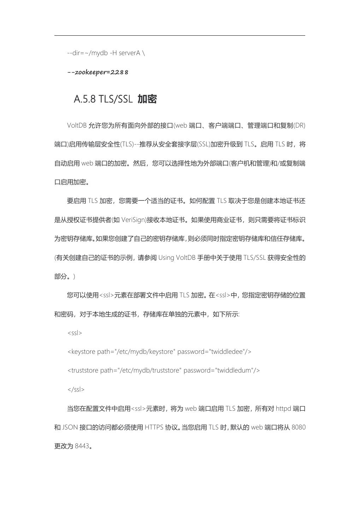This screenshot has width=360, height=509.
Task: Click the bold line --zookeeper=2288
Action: (x=98, y=72)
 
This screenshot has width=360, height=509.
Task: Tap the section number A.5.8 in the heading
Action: (x=85, y=99)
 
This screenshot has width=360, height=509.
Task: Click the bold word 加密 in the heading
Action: (x=147, y=99)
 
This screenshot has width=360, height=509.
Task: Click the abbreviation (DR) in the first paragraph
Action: (x=299, y=125)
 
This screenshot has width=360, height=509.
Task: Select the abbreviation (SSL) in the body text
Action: (x=203, y=144)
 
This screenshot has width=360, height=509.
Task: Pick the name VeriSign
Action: (x=134, y=220)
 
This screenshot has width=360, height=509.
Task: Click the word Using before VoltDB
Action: (x=166, y=257)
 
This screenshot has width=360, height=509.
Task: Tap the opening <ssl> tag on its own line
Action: (x=75, y=333)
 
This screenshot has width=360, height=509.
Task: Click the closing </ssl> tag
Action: (x=76, y=389)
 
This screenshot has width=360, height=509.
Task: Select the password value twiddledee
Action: (x=227, y=351)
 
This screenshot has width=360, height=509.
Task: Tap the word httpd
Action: (x=283, y=408)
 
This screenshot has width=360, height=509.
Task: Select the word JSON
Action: (x=70, y=427)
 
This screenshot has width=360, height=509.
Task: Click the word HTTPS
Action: (x=154, y=427)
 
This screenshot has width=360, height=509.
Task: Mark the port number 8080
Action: (x=299, y=427)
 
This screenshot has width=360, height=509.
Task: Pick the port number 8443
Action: (x=82, y=446)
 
